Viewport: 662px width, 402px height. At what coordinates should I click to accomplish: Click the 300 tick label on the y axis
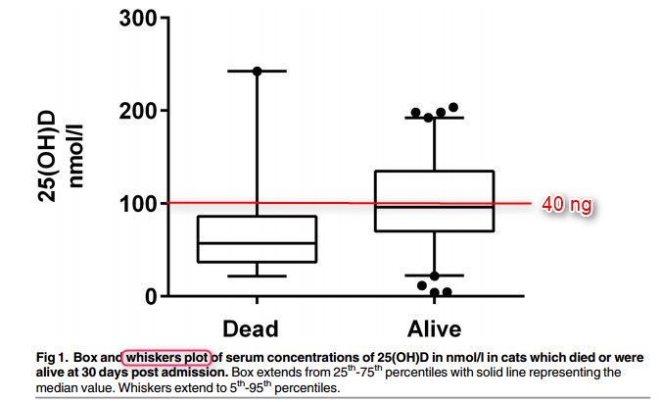[x=139, y=19]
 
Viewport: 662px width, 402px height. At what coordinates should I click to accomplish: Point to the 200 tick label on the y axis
[x=139, y=111]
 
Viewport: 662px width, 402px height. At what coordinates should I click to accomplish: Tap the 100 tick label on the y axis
[x=139, y=203]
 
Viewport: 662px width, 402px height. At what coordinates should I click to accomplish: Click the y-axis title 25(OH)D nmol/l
[x=61, y=157]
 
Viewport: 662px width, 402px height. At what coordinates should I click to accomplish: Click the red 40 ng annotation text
[x=567, y=205]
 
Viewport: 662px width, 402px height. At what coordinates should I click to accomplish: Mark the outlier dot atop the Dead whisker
[x=258, y=72]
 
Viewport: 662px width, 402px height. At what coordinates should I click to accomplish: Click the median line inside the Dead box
[x=257, y=242]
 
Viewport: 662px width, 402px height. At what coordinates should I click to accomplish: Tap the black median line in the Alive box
[x=434, y=207]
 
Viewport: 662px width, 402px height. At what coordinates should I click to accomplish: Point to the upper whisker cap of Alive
[x=434, y=118]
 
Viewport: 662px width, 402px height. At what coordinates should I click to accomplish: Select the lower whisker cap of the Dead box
[x=257, y=276]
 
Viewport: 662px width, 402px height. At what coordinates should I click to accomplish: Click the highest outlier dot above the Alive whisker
[x=453, y=108]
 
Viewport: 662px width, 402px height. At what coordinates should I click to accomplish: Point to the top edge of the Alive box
[x=434, y=172]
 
